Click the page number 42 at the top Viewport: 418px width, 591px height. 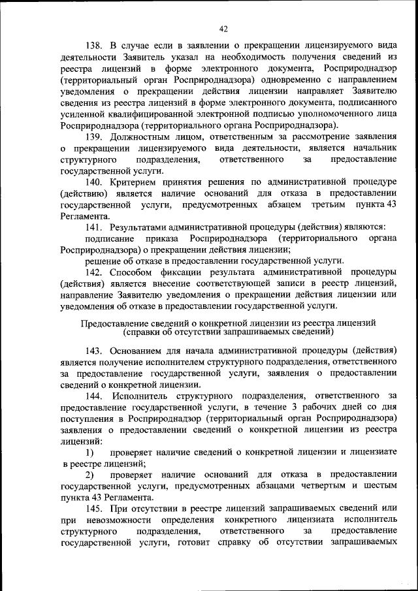click(x=224, y=28)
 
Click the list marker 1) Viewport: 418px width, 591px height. click(x=90, y=452)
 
